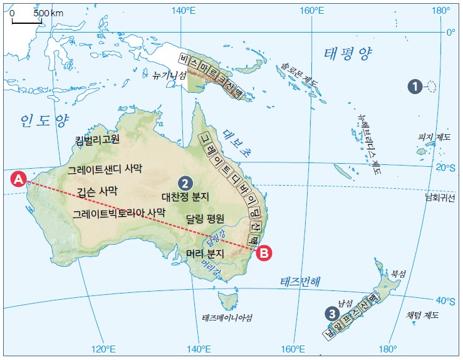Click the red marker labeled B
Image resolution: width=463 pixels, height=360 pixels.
(x=264, y=253)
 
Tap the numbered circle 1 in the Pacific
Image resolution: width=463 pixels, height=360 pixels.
(x=414, y=87)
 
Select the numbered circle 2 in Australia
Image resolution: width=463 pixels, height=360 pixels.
(x=184, y=183)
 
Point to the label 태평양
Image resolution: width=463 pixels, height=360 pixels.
(x=348, y=55)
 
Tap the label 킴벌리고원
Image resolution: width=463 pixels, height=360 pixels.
(x=96, y=140)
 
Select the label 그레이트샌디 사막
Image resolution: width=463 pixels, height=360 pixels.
(x=105, y=169)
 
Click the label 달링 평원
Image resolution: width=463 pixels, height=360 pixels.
(x=206, y=219)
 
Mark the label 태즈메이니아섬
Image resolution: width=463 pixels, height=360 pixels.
(x=227, y=317)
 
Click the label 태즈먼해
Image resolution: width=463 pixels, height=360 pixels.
(x=299, y=281)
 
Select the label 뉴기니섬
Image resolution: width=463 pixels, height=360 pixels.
(x=170, y=75)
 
